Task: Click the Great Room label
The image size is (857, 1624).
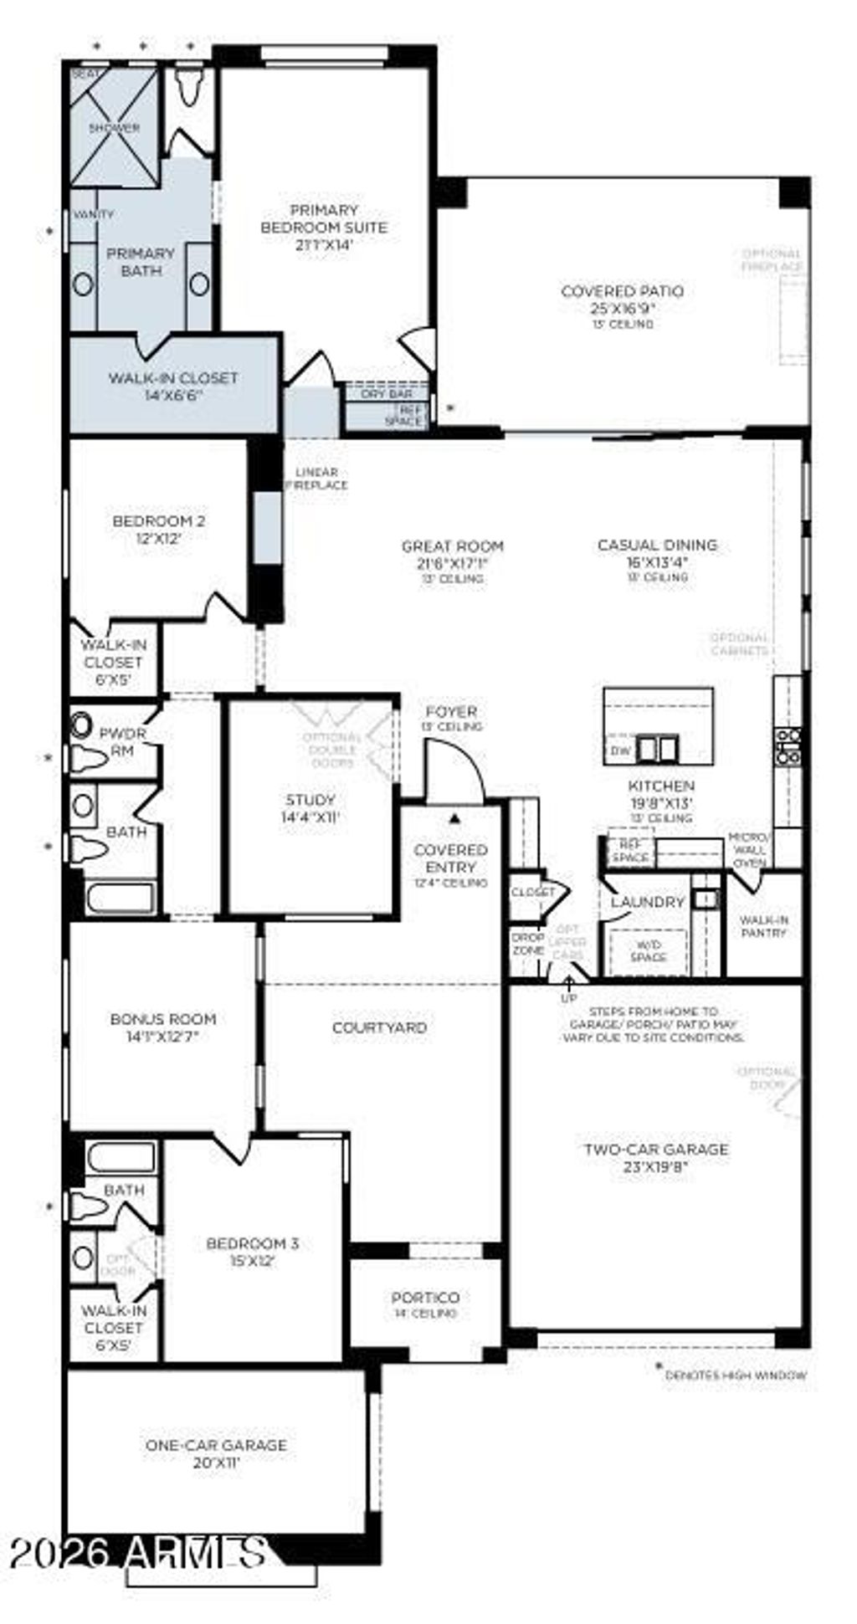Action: click(x=453, y=546)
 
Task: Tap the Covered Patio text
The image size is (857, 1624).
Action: click(x=622, y=291)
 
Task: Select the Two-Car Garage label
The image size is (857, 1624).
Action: click(x=655, y=1150)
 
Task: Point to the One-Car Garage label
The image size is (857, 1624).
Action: click(x=216, y=1445)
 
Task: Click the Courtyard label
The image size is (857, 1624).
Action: click(x=379, y=1027)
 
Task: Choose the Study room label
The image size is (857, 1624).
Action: click(x=310, y=799)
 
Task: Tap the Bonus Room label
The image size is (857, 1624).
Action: click(x=163, y=1019)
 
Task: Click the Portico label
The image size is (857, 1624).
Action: click(x=425, y=1297)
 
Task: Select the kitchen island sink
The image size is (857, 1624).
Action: click(x=657, y=748)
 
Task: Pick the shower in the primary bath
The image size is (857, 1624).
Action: click(x=114, y=128)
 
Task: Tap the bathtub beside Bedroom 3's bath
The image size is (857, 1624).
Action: click(x=121, y=1158)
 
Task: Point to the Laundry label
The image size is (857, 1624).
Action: click(x=647, y=902)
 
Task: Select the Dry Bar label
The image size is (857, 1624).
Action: click(x=386, y=393)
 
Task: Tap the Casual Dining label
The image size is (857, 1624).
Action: click(x=657, y=546)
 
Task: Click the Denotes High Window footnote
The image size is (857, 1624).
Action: click(x=735, y=1375)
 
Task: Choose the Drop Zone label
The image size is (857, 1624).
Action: click(x=527, y=944)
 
